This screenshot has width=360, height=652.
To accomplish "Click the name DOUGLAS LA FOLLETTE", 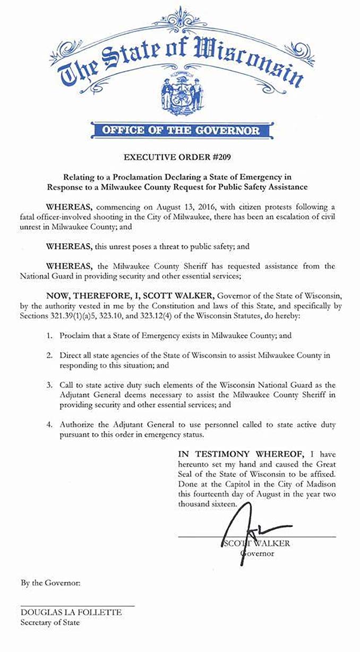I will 71,612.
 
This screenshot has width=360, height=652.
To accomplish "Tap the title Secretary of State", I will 50,622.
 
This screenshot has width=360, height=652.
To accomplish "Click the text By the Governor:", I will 51,583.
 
